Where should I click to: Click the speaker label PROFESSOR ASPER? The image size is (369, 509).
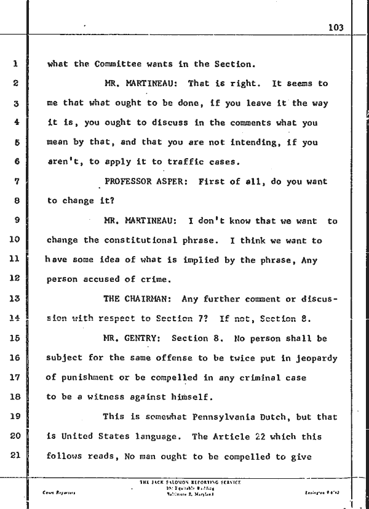click(x=141, y=182)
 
